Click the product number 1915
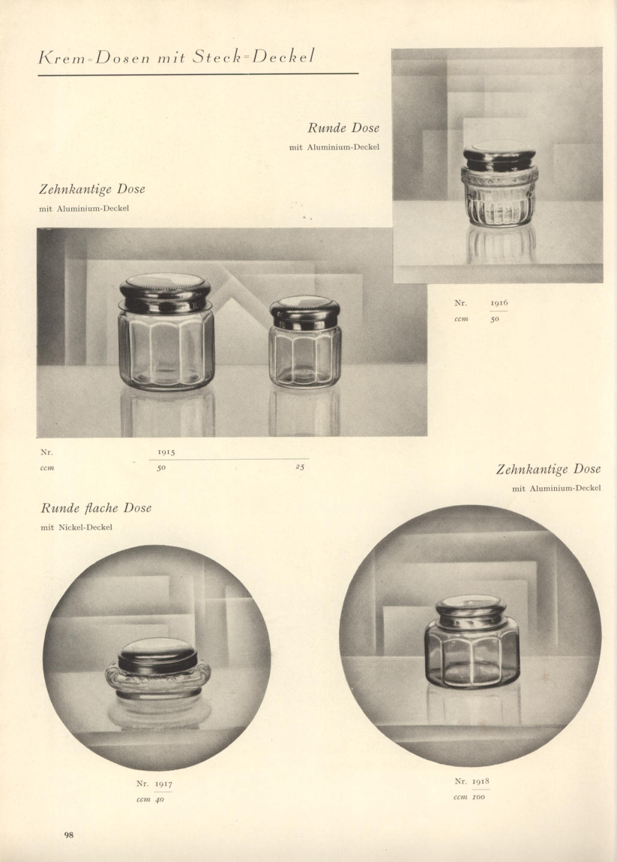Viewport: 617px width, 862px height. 167,452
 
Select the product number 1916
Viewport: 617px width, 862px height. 499,303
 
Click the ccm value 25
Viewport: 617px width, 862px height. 300,467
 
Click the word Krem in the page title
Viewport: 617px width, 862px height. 61,57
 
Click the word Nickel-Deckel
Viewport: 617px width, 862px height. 85,527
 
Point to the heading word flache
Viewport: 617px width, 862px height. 101,508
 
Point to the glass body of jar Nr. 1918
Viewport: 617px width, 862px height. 472,652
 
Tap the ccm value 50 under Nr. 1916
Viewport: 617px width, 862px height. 495,319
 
